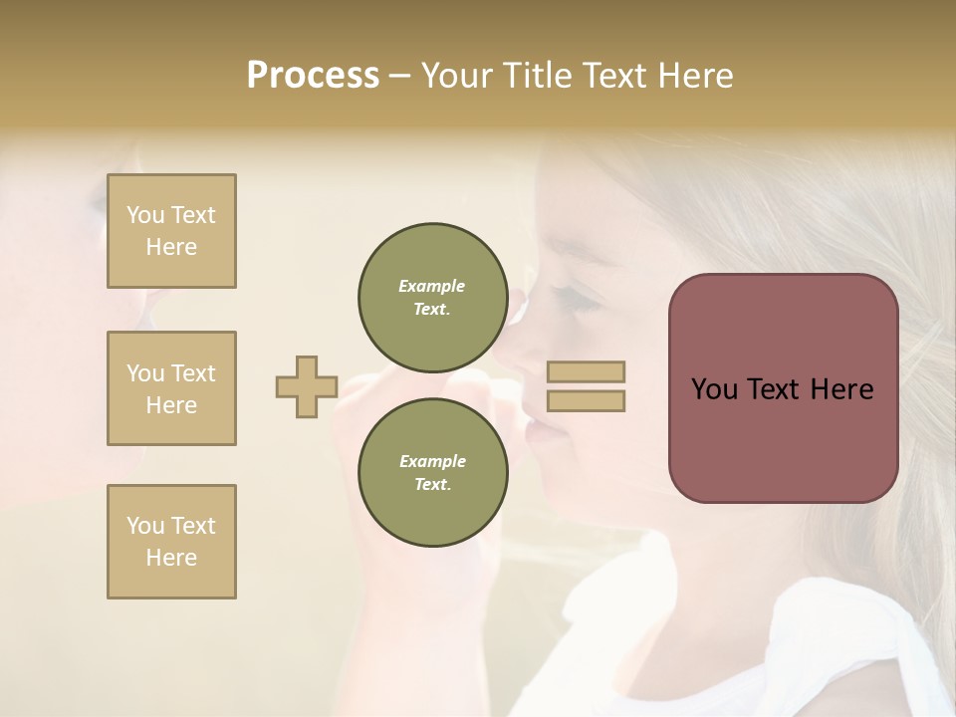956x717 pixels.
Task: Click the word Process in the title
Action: click(x=313, y=76)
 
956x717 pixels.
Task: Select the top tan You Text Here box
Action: click(x=171, y=231)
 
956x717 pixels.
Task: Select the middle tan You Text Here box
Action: click(x=171, y=388)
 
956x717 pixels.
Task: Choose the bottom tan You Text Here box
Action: click(x=171, y=542)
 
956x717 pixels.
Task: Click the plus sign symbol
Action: click(x=307, y=386)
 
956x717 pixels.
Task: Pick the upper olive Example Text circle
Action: click(x=432, y=297)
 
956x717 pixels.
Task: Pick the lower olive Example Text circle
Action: click(x=432, y=472)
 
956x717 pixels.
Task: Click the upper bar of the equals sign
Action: click(x=587, y=371)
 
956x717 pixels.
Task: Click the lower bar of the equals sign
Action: click(x=587, y=400)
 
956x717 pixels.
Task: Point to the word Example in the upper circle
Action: click(x=432, y=286)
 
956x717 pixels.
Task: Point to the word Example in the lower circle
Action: click(x=432, y=461)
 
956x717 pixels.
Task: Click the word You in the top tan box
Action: click(x=145, y=215)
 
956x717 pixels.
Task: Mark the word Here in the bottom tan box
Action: click(x=171, y=558)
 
